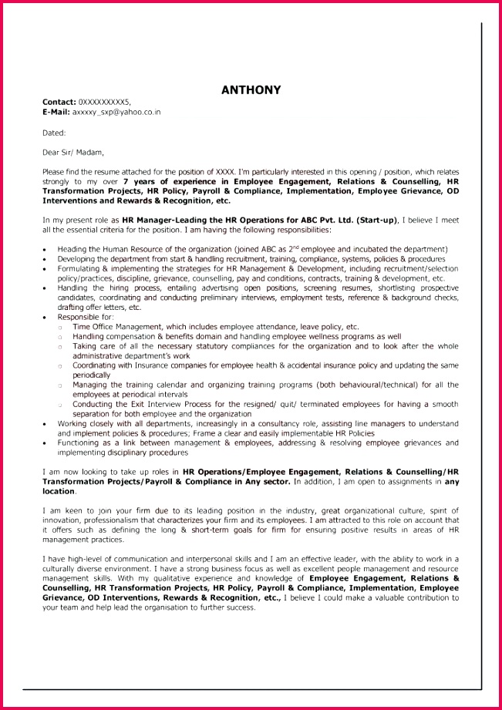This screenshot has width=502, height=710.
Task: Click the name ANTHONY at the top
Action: [x=251, y=89]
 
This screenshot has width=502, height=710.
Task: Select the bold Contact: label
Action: [x=59, y=102]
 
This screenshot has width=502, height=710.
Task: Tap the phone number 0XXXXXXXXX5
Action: [x=104, y=102]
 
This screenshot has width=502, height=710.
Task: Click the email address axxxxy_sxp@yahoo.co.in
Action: [x=116, y=112]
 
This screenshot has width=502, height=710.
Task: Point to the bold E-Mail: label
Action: [x=56, y=112]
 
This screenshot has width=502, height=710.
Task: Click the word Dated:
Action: [x=54, y=133]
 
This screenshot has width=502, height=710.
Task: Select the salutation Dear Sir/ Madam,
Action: [x=72, y=152]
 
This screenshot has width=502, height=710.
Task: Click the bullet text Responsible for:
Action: [x=86, y=317]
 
